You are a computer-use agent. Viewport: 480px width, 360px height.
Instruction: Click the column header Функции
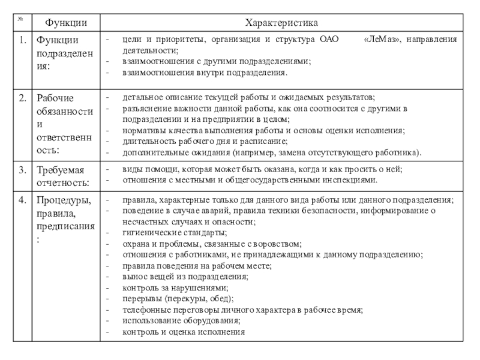click(x=62, y=23)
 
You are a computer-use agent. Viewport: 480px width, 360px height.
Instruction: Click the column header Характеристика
click(x=281, y=23)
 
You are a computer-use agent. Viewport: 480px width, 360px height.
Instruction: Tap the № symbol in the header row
click(x=20, y=20)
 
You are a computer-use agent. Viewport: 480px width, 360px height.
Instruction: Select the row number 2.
click(x=22, y=97)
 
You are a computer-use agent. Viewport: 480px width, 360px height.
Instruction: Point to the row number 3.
click(x=22, y=170)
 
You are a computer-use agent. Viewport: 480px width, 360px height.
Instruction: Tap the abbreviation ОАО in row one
click(x=329, y=40)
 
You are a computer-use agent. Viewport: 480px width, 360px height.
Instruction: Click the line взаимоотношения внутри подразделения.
click(x=205, y=73)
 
